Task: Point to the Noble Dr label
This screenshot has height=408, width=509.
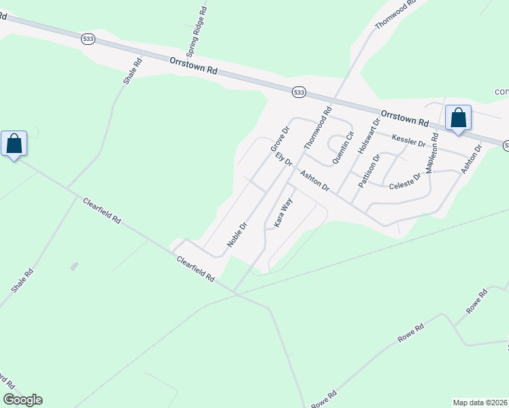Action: click(237, 235)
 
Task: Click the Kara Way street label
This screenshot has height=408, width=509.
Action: click(283, 212)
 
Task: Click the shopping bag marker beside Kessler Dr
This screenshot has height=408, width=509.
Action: click(459, 118)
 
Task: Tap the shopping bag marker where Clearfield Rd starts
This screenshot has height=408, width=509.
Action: click(14, 143)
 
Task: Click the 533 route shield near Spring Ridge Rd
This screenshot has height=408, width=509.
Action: click(87, 39)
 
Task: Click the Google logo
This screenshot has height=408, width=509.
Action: click(22, 400)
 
